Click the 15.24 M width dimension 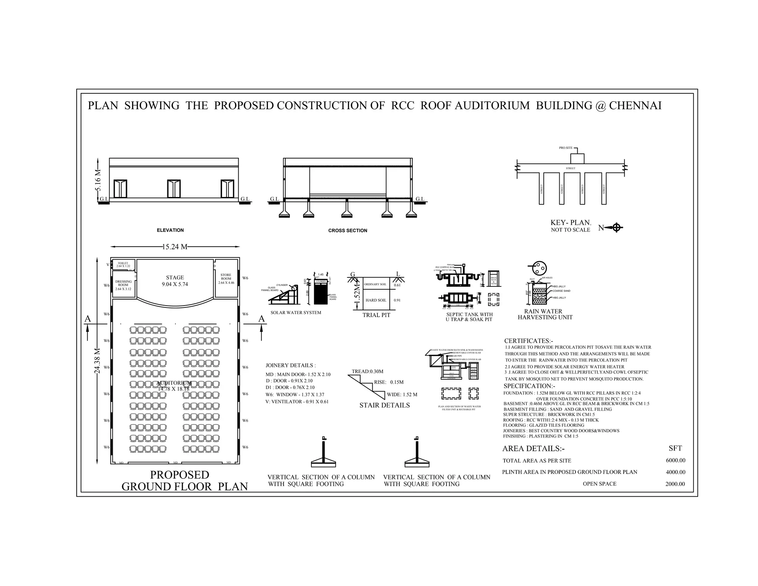coord(175,247)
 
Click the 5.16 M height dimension coord(98,180)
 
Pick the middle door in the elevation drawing coord(174,189)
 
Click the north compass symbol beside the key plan coord(616,227)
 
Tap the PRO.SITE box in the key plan coord(577,159)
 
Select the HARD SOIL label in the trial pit coord(376,300)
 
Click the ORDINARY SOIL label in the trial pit coord(375,284)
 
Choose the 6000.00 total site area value coord(675,460)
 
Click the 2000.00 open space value coord(675,484)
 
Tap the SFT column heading coord(675,448)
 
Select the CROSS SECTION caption coord(348,230)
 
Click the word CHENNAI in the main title coord(635,106)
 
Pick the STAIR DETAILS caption coord(385,405)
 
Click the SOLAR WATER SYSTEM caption coord(296,313)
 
